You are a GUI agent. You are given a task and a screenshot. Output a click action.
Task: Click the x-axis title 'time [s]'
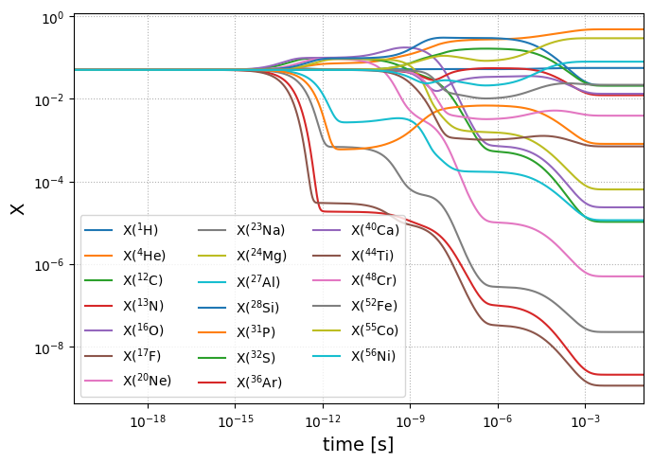point(358,444)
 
